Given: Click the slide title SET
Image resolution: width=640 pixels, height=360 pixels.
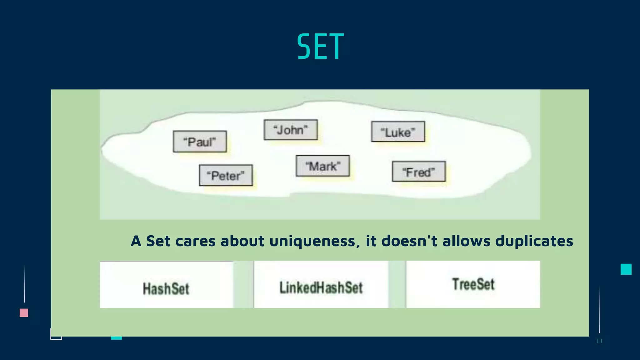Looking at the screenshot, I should coord(320,47).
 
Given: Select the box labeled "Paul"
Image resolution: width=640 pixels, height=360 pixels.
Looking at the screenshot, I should coord(200,142).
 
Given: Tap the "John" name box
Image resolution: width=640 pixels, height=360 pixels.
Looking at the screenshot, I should coord(290,130).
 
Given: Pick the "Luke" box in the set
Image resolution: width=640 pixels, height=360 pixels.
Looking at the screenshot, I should coord(398,132).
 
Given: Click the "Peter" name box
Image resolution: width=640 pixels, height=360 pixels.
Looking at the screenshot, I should coord(226,175).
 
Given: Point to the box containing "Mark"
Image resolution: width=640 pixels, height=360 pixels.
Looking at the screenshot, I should coord(322,166).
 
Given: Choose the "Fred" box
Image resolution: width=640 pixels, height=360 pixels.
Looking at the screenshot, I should coord(419,172).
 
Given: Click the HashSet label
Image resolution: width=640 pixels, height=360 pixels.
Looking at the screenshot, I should coord(166,288).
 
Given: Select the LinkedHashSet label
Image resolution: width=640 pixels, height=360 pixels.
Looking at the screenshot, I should coord(321,287).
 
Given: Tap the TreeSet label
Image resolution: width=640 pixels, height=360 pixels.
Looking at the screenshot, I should coord(473,284).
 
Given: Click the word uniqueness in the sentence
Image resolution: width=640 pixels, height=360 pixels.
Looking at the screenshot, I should coord(312,241).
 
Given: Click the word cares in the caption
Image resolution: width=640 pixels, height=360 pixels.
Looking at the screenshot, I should coord(196,241).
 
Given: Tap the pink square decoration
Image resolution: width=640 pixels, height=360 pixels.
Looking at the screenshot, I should coord(24,313).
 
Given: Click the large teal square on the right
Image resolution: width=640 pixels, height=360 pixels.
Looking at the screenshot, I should coord(626,269).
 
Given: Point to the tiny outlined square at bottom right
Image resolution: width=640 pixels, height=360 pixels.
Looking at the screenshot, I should coord(599,341).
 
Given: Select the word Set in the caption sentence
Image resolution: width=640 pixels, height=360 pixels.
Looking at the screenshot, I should coord(158,241).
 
